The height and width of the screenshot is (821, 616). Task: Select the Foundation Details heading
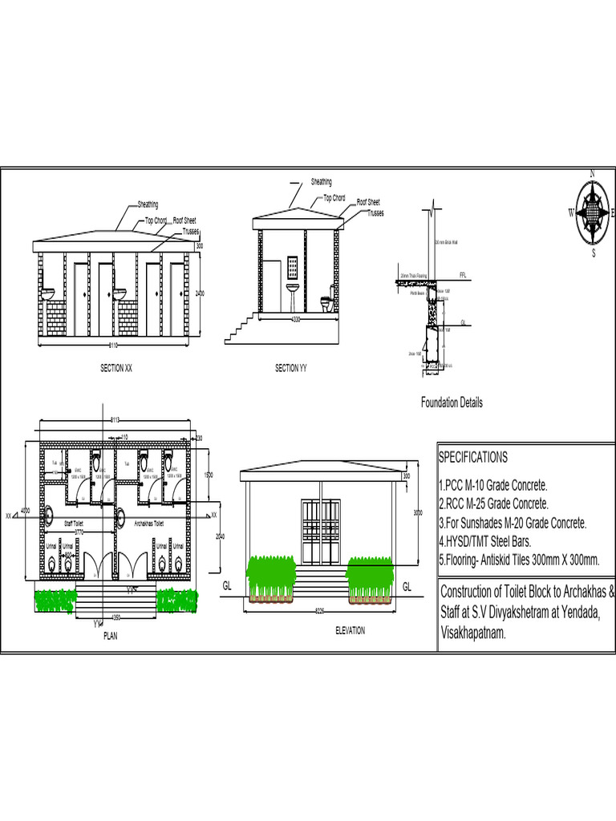[x=452, y=403]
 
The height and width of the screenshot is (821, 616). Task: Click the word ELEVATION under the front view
[x=350, y=631]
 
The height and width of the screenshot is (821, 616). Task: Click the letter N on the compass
[x=592, y=173]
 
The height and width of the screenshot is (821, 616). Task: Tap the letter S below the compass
[x=594, y=253]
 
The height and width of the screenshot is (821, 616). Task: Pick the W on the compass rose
[x=571, y=212]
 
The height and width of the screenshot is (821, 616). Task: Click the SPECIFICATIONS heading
[x=472, y=458]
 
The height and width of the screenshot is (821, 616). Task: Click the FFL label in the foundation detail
[x=463, y=275]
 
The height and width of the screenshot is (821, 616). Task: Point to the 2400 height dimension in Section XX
[x=200, y=293]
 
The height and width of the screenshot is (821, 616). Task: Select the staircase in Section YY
[x=240, y=327]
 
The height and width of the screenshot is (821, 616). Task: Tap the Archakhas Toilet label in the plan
[x=150, y=523]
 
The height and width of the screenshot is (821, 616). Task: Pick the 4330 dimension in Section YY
[x=296, y=320]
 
